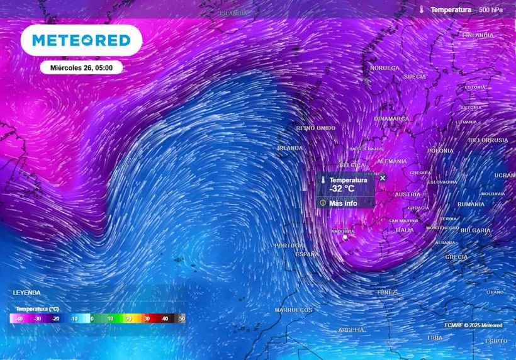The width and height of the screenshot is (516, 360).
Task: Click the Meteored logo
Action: (x=81, y=40)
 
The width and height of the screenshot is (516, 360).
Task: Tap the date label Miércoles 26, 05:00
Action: (x=81, y=67)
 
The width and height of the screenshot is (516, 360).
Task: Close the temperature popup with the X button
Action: (x=383, y=178)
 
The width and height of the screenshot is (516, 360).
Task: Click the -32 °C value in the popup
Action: (x=342, y=189)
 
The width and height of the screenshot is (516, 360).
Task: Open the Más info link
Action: (x=343, y=203)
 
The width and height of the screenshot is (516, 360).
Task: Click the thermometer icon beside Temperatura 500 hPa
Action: (x=422, y=9)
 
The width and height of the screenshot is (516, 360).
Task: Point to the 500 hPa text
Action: (x=490, y=10)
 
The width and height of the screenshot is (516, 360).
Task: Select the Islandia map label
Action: (x=233, y=13)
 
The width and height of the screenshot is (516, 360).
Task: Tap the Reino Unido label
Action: (x=316, y=128)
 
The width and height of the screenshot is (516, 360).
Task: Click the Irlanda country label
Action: (x=290, y=149)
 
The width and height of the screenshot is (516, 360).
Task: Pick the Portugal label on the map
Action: (x=289, y=245)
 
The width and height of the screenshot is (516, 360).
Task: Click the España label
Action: (x=307, y=254)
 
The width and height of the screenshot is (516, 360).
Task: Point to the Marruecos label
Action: (x=293, y=310)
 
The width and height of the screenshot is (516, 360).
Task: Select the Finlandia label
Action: (x=478, y=36)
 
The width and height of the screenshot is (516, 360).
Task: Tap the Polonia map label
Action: (x=440, y=151)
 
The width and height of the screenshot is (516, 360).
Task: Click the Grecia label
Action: (x=456, y=257)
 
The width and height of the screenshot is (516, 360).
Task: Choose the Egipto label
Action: (x=496, y=341)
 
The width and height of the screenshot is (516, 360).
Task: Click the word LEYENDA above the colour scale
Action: (x=26, y=293)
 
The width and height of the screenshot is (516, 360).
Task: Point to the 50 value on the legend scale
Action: (x=182, y=319)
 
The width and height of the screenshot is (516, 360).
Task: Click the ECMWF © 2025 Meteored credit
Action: (x=473, y=325)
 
